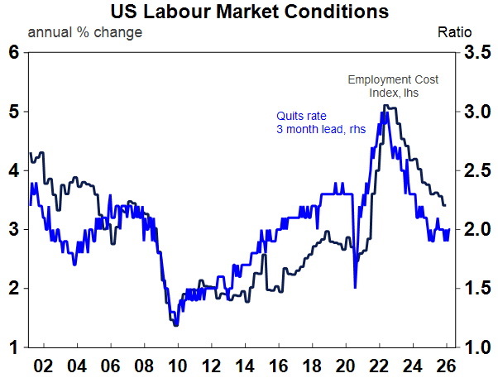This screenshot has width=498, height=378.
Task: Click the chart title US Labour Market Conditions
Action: pyautogui.click(x=249, y=12)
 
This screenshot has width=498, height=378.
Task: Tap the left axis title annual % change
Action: pyautogui.click(x=85, y=32)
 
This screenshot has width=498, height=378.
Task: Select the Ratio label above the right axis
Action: pyautogui.click(x=454, y=32)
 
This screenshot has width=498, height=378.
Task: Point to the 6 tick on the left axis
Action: pyautogui.click(x=13, y=52)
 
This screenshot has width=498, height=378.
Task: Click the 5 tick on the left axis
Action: pyautogui.click(x=13, y=111)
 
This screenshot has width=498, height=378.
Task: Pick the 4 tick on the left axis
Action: pyautogui.click(x=13, y=170)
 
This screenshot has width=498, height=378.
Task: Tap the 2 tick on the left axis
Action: pyautogui.click(x=13, y=288)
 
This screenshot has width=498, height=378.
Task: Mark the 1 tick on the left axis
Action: pyautogui.click(x=13, y=347)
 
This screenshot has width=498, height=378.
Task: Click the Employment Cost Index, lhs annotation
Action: pyautogui.click(x=393, y=86)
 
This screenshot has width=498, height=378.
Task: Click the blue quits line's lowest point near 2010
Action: pyautogui.click(x=175, y=326)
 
